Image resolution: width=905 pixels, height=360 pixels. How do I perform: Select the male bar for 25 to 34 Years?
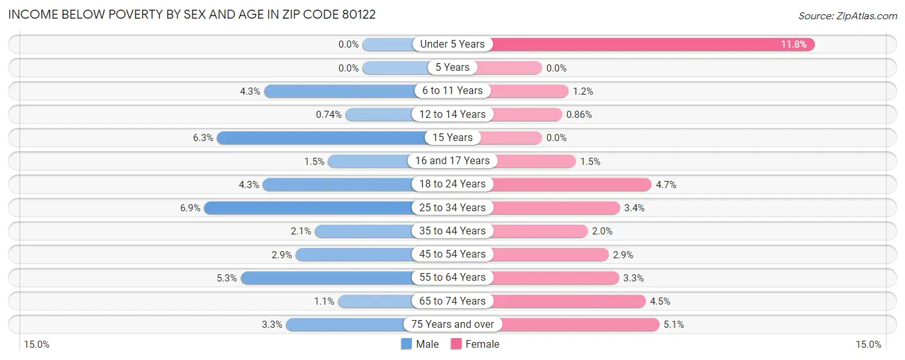tap(309, 207)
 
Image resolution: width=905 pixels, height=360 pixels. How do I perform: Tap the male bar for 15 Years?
tap(322, 137)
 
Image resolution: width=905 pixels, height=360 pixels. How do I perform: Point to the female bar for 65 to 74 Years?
tap(569, 301)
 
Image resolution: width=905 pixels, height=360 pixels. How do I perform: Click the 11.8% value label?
tap(794, 44)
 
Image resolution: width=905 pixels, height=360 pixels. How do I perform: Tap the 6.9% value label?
tap(190, 208)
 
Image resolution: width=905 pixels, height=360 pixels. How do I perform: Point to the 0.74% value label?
tap(328, 115)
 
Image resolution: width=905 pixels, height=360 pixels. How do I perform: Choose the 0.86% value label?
tap(579, 115)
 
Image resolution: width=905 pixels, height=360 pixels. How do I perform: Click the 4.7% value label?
tap(666, 185)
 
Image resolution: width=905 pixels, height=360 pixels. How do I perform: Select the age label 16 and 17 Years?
tap(452, 161)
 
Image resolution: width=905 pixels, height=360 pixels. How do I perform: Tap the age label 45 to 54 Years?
tap(452, 254)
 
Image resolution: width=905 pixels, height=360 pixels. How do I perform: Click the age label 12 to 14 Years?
tap(452, 115)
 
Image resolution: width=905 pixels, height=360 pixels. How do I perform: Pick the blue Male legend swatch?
tap(406, 345)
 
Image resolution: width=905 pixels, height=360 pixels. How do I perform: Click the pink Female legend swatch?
tap(456, 345)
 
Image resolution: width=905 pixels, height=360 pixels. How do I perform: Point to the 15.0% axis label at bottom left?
tap(37, 345)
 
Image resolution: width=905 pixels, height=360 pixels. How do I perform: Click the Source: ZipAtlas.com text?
tap(847, 15)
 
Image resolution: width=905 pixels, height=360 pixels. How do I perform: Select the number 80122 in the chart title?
tap(353, 14)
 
